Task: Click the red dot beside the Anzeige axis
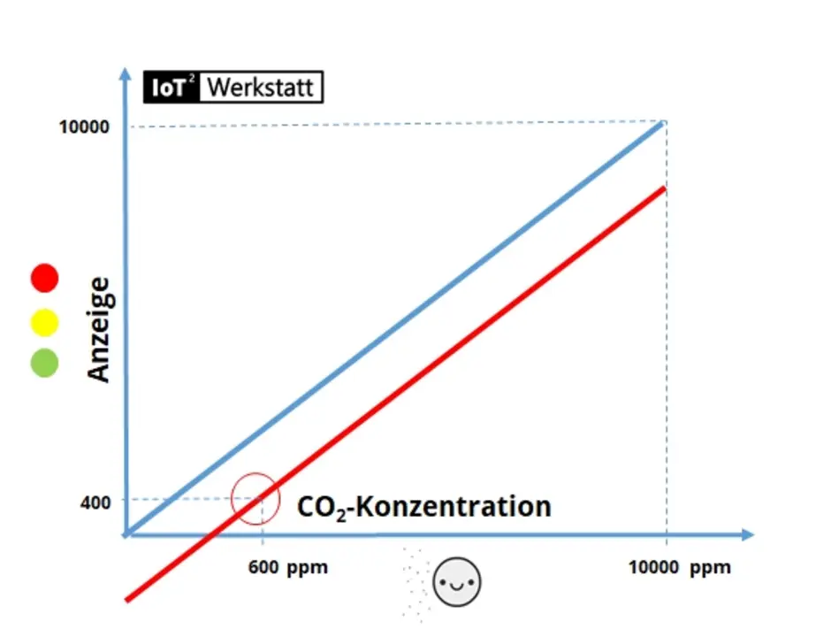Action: pos(44,278)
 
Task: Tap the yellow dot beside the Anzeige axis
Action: pos(44,323)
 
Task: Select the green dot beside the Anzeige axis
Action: pos(44,363)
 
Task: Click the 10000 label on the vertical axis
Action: pos(85,127)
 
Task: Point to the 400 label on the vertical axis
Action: pos(95,502)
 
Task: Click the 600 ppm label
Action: pos(288,567)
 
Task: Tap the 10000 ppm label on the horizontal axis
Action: pos(680,567)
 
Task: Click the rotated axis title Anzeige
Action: pos(100,329)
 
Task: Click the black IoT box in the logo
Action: pos(172,88)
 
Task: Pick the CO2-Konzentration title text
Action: pos(423,507)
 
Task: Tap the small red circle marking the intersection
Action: pos(255,499)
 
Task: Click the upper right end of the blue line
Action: pos(663,124)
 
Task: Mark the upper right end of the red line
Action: pos(663,188)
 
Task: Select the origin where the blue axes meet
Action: pos(127,534)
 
